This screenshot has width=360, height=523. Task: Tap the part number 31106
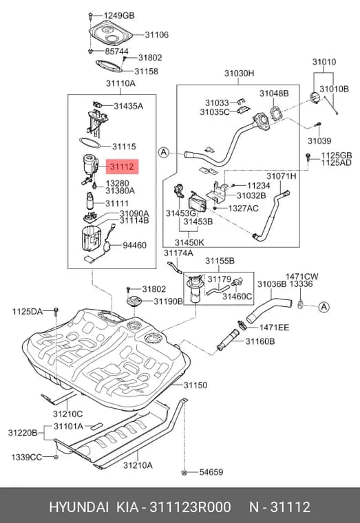156,34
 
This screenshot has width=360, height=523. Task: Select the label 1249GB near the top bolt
119,16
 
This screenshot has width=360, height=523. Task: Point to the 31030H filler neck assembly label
239,74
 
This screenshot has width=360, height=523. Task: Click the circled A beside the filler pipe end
164,153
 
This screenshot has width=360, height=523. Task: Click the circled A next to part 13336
324,307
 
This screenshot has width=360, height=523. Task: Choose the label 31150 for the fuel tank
195,385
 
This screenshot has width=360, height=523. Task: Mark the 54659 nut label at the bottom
211,472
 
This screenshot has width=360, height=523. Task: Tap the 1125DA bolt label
28,312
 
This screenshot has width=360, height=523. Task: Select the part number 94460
134,246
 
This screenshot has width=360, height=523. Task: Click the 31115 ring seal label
124,147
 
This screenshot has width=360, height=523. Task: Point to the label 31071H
281,176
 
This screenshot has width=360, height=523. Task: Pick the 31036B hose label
272,284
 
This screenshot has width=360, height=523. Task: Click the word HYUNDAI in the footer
78,507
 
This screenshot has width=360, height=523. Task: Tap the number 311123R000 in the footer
190,507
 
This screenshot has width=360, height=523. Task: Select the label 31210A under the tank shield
138,465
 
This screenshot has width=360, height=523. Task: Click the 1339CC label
27,457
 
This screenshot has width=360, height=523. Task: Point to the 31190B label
168,301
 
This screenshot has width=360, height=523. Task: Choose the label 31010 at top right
324,62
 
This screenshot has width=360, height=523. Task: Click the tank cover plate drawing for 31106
110,34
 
